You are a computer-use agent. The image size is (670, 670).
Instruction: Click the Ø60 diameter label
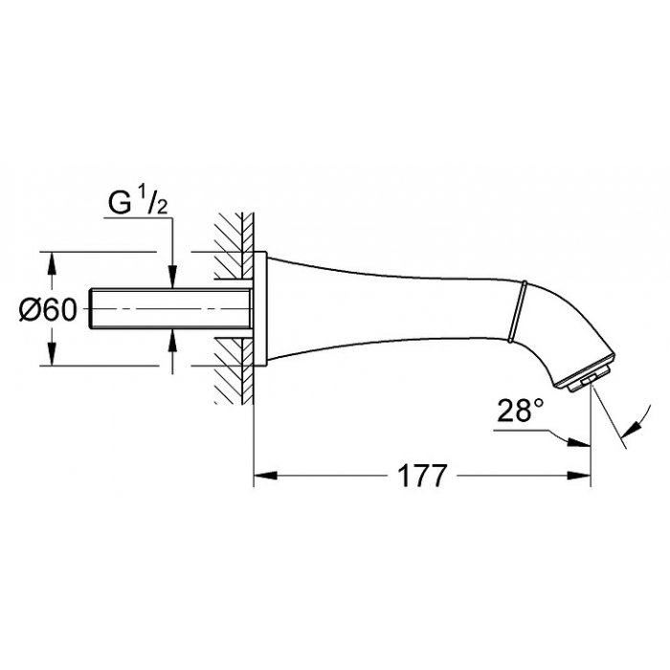48,310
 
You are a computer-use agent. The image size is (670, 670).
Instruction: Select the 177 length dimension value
422,476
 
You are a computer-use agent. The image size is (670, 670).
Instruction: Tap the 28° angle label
521,410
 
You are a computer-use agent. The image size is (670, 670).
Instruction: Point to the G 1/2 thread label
138,203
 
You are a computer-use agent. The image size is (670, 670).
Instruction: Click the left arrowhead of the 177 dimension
266,476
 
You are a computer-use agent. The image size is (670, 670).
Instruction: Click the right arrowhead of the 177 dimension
579,476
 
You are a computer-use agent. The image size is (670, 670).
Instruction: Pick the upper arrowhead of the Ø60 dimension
52,264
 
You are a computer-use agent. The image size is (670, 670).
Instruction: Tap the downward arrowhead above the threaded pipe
172,277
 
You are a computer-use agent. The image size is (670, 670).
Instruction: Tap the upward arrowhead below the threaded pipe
172,341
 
